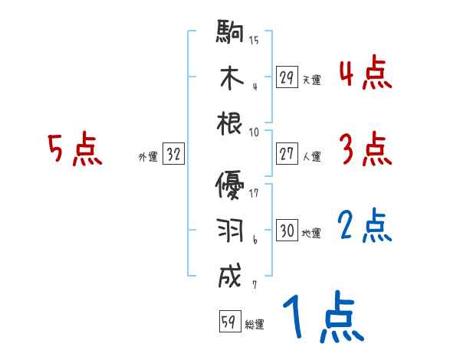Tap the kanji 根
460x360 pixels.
click(230, 123)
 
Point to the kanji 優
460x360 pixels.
click(230, 186)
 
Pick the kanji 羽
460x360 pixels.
click(230, 231)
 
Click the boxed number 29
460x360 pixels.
click(287, 77)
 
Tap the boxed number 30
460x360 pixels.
click(287, 231)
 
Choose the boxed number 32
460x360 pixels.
click(173, 155)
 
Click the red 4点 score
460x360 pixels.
click(365, 75)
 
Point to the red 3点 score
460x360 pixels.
click(365, 150)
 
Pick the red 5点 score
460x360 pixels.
click(74, 149)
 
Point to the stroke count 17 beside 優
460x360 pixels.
click(254, 193)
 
